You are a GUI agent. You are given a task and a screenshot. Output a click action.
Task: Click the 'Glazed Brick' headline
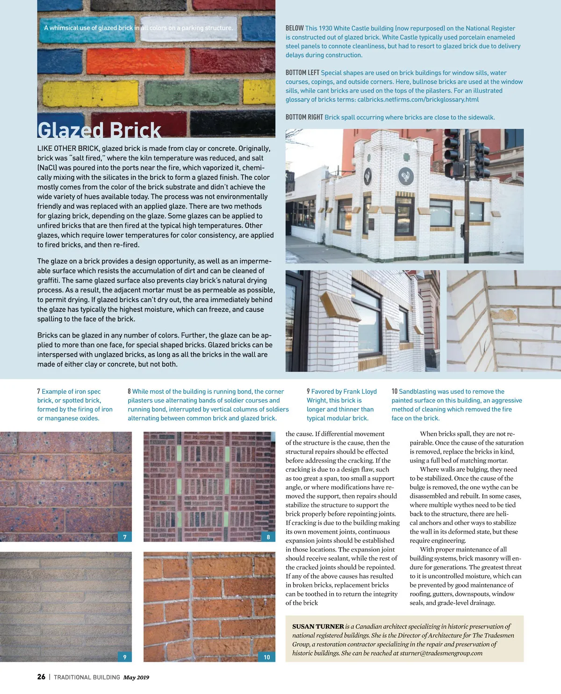(x=99, y=130)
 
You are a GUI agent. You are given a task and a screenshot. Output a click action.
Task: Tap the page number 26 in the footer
(x=41, y=677)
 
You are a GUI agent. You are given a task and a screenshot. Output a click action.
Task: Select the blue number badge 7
(x=125, y=537)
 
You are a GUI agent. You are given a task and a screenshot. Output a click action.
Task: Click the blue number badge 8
(x=268, y=537)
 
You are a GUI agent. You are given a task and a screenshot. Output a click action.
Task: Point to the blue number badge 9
(x=125, y=657)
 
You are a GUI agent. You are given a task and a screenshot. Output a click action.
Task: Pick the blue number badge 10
(x=267, y=657)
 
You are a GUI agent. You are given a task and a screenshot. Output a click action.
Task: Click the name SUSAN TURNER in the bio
(x=318, y=626)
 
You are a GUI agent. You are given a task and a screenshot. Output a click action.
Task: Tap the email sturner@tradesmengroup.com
(x=441, y=653)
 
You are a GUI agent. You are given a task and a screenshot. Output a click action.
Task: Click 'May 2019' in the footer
(x=136, y=677)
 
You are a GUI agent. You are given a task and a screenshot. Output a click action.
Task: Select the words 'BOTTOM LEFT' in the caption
(x=302, y=73)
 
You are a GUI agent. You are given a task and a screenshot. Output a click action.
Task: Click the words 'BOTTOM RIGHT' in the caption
(x=304, y=117)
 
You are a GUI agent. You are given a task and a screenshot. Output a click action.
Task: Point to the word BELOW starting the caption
(x=295, y=28)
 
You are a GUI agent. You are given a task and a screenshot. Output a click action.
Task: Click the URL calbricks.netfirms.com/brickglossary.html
(x=418, y=99)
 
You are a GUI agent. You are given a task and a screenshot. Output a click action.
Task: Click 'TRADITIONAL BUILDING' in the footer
(x=86, y=677)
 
